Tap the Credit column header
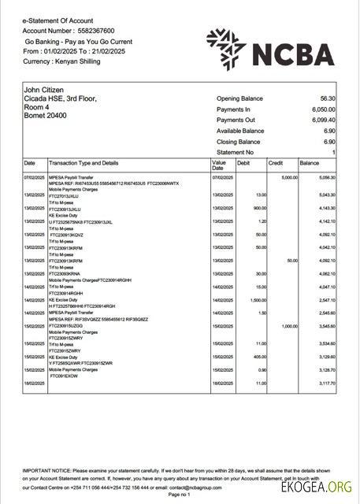[276, 163]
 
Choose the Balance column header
[309, 163]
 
